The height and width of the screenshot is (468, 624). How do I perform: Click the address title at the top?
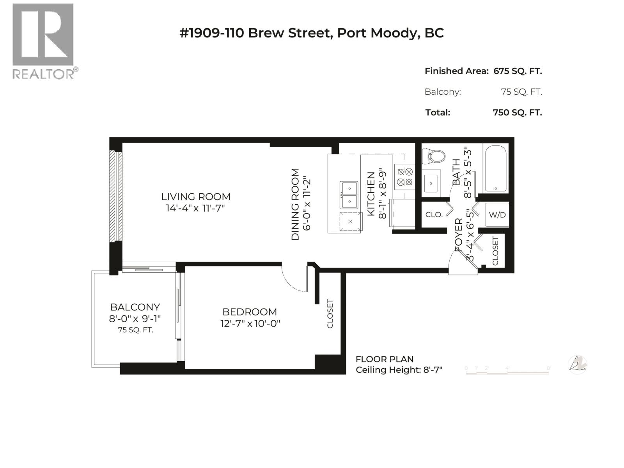click(311, 33)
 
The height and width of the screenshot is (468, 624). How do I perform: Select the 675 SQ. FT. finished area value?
click(518, 71)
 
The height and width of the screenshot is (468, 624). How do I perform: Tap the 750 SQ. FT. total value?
click(517, 112)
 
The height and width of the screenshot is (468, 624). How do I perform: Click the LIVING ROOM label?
click(196, 197)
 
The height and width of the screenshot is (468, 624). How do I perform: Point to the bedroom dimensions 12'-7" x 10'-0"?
click(250, 323)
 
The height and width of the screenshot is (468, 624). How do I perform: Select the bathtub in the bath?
click(495, 168)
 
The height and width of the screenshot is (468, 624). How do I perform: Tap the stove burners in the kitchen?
click(404, 176)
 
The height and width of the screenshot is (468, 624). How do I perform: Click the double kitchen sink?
click(349, 195)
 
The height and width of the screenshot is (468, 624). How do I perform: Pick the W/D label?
click(497, 215)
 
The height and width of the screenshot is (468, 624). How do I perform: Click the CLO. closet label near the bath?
click(434, 214)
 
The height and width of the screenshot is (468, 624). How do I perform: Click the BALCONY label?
click(135, 307)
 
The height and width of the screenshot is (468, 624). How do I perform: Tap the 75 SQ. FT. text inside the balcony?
click(135, 330)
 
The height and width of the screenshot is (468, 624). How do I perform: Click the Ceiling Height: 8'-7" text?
click(399, 370)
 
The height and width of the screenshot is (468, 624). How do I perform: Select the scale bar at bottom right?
click(507, 372)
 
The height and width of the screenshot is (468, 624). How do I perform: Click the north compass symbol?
click(577, 365)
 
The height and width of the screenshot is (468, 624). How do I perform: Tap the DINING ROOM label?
click(295, 204)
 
